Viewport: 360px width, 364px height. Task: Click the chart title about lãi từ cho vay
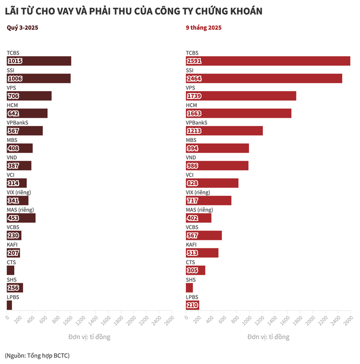[133, 10]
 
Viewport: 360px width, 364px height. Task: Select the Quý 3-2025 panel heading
[22, 28]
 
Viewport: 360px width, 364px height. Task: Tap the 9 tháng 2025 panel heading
[204, 28]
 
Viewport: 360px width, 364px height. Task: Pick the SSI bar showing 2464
[264, 78]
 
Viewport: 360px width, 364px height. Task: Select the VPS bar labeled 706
[29, 96]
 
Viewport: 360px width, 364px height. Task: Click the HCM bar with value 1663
[239, 113]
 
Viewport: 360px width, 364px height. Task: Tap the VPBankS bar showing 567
[25, 131]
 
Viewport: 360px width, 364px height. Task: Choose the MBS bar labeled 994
[217, 148]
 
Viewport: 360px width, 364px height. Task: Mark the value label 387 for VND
[13, 166]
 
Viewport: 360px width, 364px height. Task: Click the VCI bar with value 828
[212, 183]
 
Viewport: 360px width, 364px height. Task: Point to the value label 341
[13, 201]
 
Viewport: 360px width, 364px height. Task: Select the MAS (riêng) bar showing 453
[21, 218]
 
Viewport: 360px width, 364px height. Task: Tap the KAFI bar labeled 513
[202, 253]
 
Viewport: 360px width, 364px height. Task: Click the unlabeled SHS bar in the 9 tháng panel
[189, 288]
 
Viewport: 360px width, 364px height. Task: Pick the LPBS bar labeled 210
[192, 305]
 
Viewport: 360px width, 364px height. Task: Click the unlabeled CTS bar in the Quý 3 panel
[10, 270]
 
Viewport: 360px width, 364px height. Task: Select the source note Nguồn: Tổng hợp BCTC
[37, 355]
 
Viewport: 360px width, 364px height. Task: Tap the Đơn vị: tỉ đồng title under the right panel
[268, 337]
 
